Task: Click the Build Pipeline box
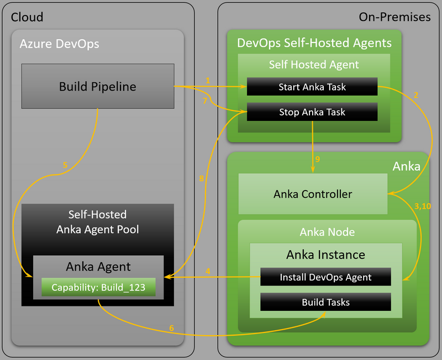pos(98,86)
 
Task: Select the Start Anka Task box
pos(312,87)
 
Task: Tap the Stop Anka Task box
pos(312,112)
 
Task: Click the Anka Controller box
pos(313,194)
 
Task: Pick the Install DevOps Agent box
pos(325,277)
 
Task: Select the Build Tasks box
pos(325,302)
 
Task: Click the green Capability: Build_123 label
pos(98,287)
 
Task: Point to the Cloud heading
pos(27,17)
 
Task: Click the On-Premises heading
pos(394,17)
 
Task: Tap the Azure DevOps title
pos(59,43)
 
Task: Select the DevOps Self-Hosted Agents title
pos(314,43)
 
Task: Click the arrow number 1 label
pos(208,81)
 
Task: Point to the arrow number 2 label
pos(416,94)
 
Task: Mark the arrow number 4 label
pos(208,271)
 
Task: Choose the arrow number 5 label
pos(65,165)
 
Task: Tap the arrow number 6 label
pos(171,328)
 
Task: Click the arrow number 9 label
pos(317,159)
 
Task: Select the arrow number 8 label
pos(202,178)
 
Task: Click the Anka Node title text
pos(327,232)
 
